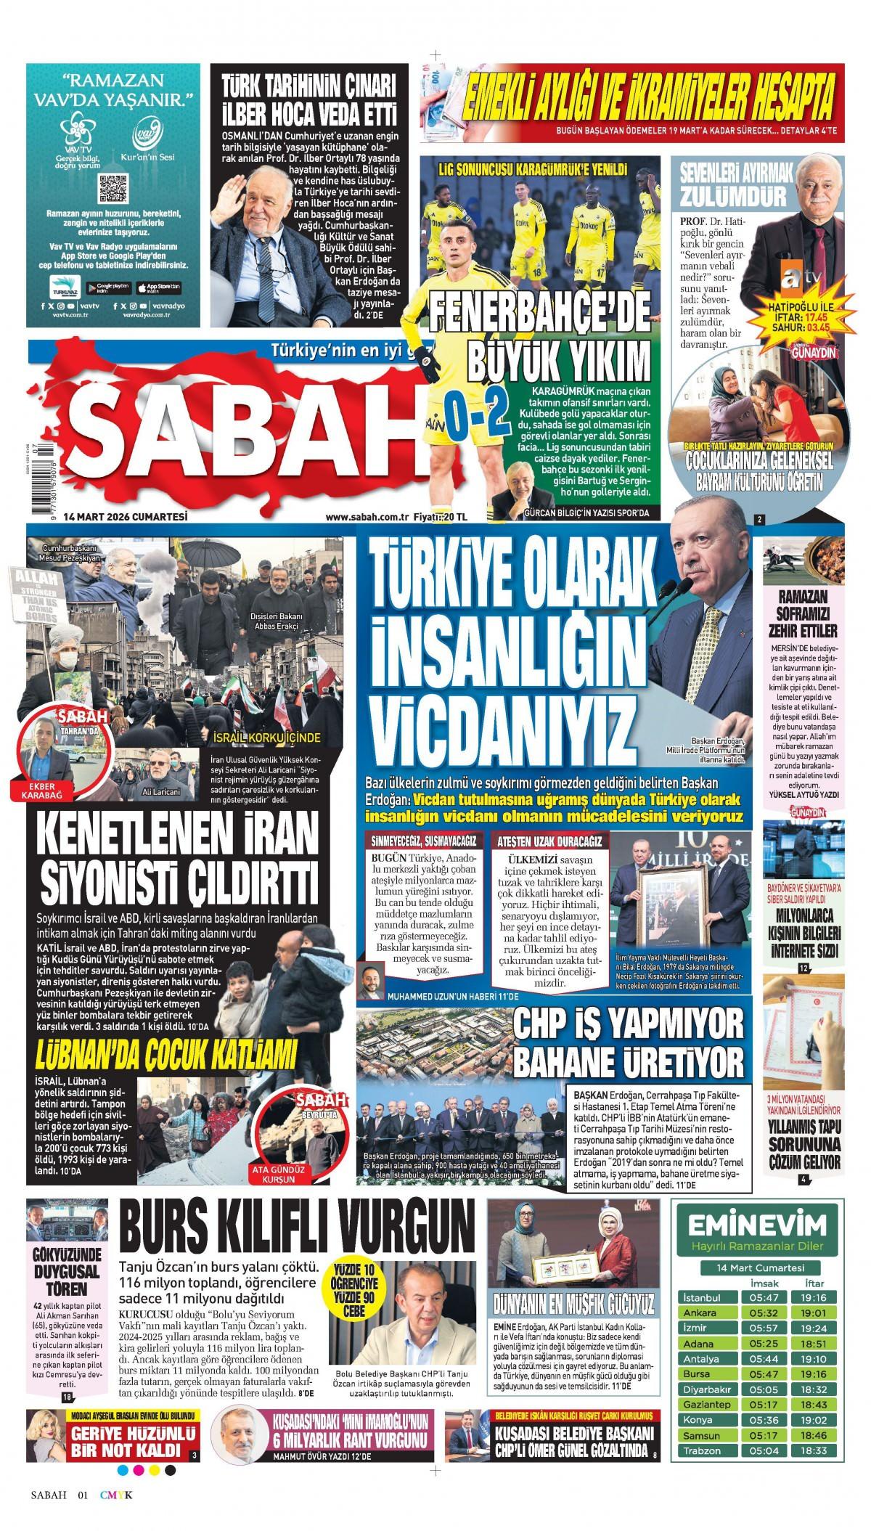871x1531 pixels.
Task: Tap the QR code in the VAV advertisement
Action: pos(113,187)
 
